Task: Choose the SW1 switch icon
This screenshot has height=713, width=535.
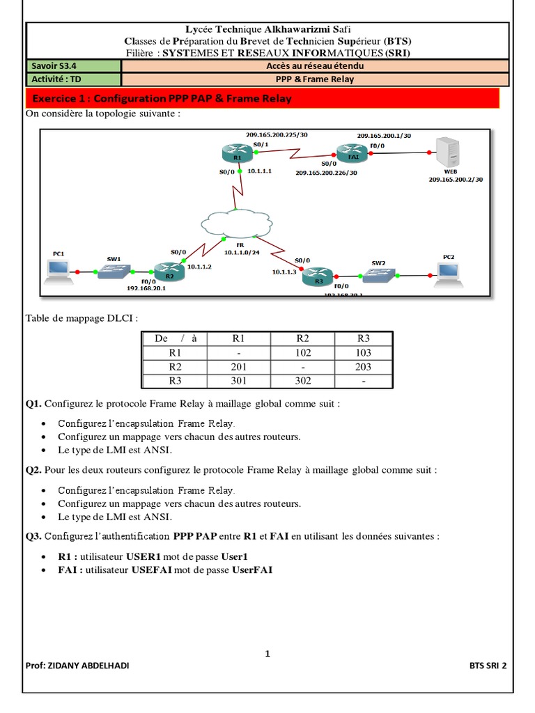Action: click(x=114, y=271)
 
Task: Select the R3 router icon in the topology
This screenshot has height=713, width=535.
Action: click(x=318, y=276)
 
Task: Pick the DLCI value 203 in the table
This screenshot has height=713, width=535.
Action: click(x=363, y=367)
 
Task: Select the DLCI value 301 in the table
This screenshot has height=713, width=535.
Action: click(x=238, y=381)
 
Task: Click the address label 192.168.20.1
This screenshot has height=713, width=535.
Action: click(x=148, y=287)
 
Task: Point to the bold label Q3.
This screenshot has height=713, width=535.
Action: click(x=33, y=537)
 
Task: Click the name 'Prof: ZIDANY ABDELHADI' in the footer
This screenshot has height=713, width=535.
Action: click(x=77, y=665)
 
